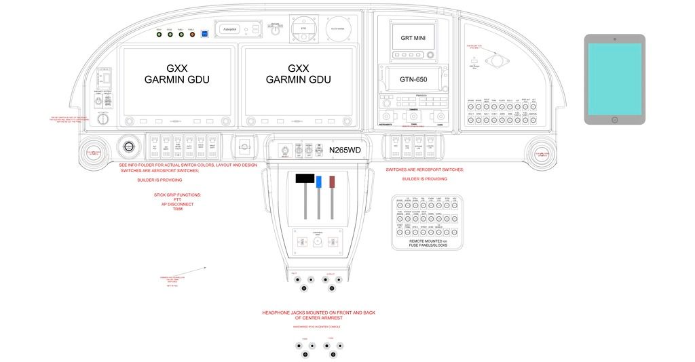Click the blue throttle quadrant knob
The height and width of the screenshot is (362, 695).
[318, 181]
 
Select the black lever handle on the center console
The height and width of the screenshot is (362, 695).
[305, 179]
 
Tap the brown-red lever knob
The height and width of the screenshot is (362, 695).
[333, 182]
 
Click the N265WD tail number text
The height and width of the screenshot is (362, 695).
[345, 150]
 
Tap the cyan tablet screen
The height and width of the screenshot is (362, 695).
[614, 79]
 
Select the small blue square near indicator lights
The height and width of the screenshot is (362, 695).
[205, 34]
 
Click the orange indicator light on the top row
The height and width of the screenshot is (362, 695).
[191, 35]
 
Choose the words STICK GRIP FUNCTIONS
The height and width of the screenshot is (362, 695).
[177, 195]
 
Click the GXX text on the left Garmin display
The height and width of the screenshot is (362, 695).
[176, 68]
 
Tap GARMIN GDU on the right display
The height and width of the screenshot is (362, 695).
[298, 80]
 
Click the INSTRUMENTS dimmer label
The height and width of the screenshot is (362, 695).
[384, 125]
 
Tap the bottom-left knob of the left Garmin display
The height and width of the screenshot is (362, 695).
[128, 121]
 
